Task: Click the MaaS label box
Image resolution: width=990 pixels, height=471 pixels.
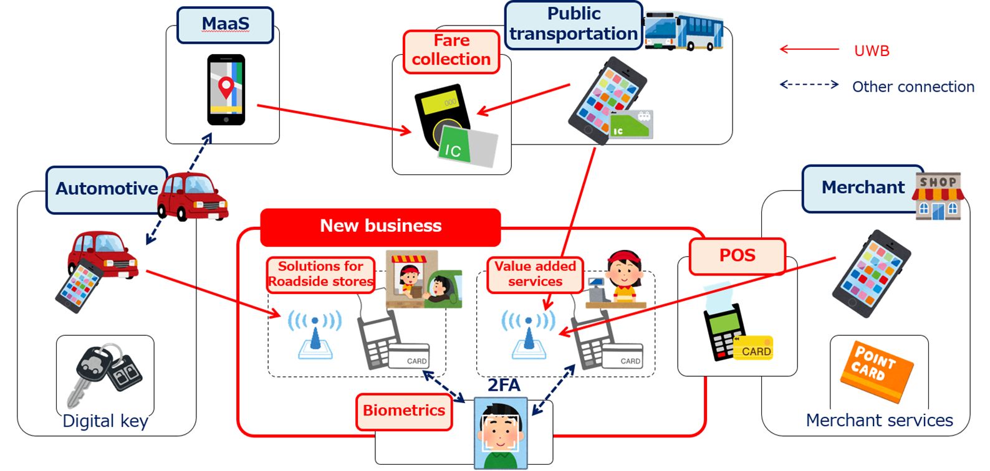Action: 225,25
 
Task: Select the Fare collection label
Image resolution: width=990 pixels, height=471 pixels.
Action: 451,51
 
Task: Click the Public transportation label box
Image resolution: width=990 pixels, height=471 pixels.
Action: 574,24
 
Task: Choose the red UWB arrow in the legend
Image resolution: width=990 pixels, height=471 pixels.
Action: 809,49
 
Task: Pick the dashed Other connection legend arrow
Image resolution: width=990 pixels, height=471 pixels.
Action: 809,84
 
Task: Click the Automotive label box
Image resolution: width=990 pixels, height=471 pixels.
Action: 107,189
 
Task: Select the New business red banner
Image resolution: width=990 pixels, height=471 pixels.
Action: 380,226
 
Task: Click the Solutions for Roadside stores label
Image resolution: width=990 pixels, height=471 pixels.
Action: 320,274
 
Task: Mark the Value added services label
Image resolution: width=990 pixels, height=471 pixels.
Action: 535,274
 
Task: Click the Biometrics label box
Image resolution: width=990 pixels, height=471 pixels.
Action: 404,411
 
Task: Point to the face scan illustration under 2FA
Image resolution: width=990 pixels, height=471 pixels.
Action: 501,433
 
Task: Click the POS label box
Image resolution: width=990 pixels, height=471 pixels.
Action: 737,255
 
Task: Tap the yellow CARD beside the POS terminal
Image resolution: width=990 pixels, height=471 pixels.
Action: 755,349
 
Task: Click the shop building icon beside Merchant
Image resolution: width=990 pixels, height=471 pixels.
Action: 938,196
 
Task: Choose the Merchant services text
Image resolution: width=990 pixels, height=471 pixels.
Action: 879,421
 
